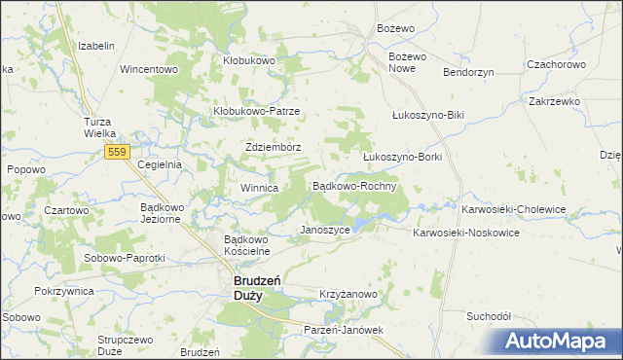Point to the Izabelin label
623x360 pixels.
97,47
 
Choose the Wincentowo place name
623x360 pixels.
148,70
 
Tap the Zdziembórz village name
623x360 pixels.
273,148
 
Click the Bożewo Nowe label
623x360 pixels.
408,62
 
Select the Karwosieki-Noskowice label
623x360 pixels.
467,234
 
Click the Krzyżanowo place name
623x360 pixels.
348,294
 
